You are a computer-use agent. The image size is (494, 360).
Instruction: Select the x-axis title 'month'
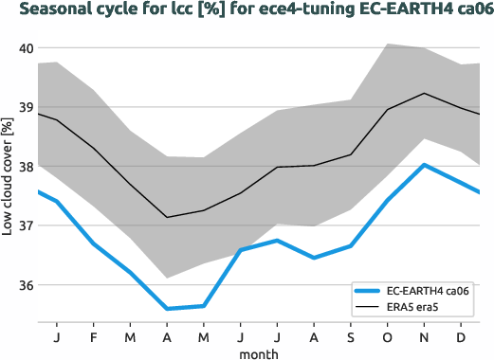(259, 352)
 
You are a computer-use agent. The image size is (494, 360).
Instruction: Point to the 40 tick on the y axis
(26, 48)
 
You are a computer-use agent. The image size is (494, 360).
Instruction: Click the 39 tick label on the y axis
(26, 107)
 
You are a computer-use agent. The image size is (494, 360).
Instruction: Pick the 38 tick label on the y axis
(26, 167)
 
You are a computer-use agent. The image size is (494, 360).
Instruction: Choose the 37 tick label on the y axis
(26, 225)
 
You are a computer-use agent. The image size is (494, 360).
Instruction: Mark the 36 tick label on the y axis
(26, 285)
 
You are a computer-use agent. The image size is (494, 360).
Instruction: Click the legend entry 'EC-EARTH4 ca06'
(426, 291)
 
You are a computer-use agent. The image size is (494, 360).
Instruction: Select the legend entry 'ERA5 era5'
(416, 307)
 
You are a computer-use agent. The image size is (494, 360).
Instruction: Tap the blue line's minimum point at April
(167, 308)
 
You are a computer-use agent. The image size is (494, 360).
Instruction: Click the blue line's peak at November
(425, 165)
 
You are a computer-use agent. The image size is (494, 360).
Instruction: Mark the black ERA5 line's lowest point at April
(167, 217)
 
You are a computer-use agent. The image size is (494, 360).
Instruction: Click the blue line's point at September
(351, 246)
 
